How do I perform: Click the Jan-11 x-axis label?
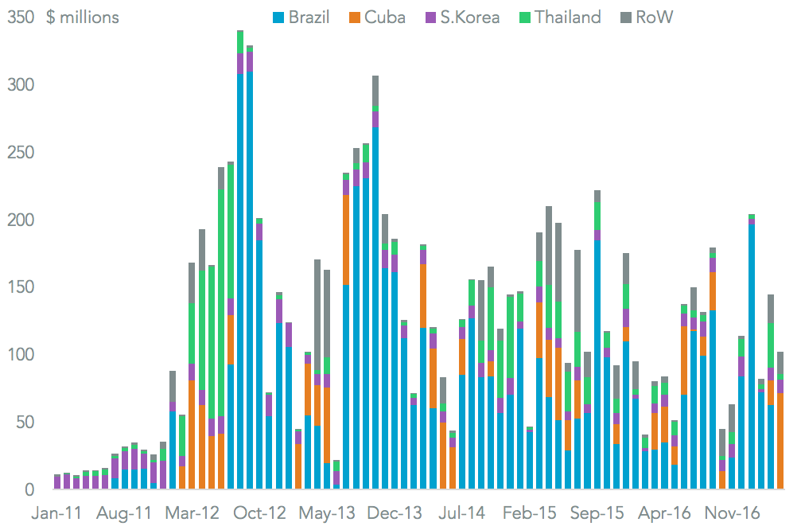point(56,512)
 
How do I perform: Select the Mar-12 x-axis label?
point(192,512)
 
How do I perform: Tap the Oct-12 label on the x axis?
point(260,512)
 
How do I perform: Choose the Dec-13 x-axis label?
point(395,512)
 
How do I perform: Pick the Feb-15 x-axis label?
point(529,512)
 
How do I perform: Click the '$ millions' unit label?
point(82,17)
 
